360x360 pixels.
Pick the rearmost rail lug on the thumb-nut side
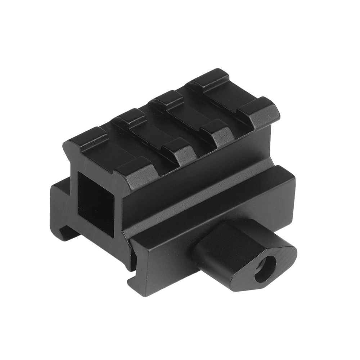[260, 112]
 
